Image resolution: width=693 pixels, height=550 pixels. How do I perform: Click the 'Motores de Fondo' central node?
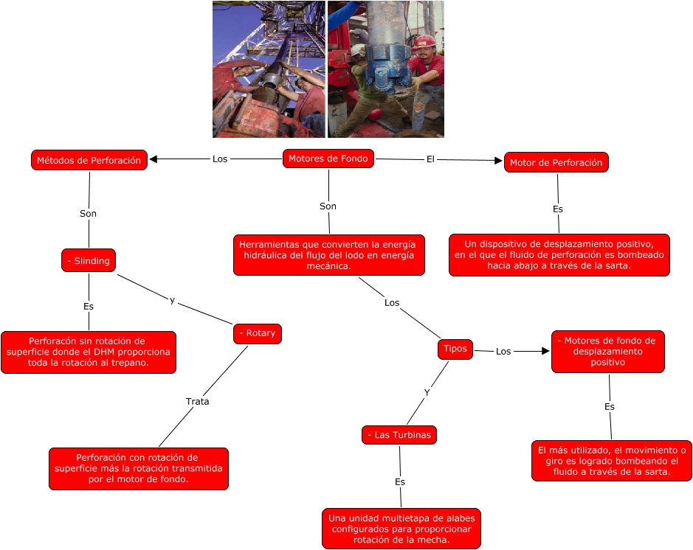(x=328, y=159)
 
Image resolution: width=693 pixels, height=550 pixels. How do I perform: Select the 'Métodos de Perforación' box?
(x=89, y=160)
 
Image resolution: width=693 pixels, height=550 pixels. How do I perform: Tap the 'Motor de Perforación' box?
(x=556, y=162)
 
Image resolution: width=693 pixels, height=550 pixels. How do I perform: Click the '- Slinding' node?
(x=89, y=260)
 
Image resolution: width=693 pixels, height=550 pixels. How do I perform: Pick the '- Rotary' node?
(x=257, y=333)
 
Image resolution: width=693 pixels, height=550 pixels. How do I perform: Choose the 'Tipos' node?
(x=455, y=349)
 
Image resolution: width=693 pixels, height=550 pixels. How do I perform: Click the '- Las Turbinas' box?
(x=399, y=435)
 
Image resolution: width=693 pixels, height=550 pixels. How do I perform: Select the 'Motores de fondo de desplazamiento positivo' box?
(x=607, y=352)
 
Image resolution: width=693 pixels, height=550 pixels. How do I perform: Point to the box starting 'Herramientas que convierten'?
(x=328, y=255)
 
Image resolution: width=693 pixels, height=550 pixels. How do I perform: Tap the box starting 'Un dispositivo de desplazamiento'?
(x=559, y=254)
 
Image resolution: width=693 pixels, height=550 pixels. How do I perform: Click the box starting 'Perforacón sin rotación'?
(x=88, y=352)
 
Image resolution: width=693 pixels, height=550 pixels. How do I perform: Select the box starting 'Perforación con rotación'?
(x=138, y=468)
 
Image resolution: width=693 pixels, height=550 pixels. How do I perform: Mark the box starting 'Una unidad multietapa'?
(x=401, y=528)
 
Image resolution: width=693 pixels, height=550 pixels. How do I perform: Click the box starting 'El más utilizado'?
(x=612, y=461)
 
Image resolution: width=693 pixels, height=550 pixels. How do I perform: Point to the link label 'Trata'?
(x=197, y=402)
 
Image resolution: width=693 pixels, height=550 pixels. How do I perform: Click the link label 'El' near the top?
(x=430, y=159)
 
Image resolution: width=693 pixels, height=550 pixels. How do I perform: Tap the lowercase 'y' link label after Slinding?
(x=172, y=300)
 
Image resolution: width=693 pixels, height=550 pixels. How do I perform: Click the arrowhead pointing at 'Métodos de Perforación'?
(x=154, y=159)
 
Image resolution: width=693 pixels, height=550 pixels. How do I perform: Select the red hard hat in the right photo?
(x=425, y=40)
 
